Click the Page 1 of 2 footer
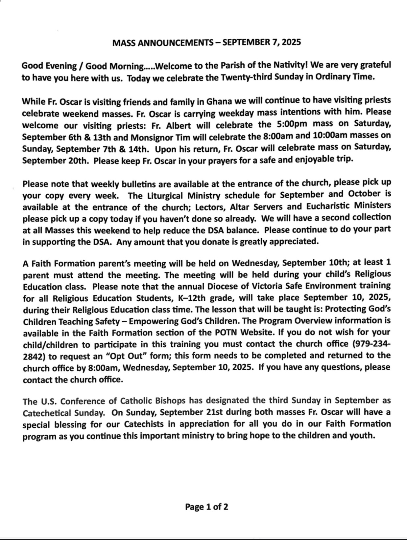point(206,507)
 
